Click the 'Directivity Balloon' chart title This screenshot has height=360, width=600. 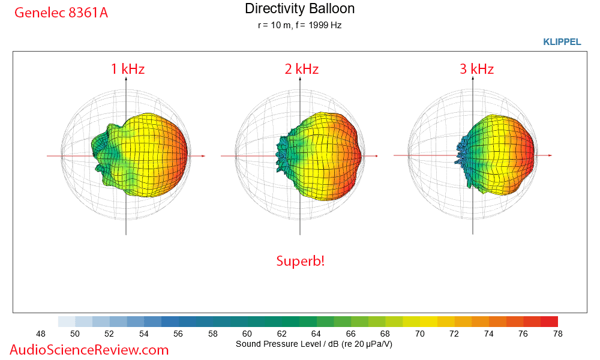tap(299, 9)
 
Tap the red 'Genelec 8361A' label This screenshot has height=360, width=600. tap(61, 12)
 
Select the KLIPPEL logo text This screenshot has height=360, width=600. tap(562, 42)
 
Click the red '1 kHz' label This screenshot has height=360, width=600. tap(127, 69)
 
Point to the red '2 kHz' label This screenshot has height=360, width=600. tap(301, 69)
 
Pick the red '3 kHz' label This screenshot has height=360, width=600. tap(476, 69)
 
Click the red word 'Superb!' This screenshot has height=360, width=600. tap(300, 261)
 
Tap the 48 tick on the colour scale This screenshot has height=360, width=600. tap(41, 334)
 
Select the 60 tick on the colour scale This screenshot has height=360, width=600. tap(247, 334)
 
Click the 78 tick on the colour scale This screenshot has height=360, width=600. tap(558, 334)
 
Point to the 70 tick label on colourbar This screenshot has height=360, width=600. tap(420, 334)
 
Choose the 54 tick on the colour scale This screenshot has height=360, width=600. tap(144, 334)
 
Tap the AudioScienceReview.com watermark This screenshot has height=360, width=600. tap(89, 350)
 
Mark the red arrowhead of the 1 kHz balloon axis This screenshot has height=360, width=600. tap(203, 156)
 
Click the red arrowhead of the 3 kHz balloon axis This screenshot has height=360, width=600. tap(550, 155)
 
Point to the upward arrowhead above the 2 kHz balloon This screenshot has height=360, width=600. tap(299, 79)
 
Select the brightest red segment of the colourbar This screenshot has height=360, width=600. tap(549, 322)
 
